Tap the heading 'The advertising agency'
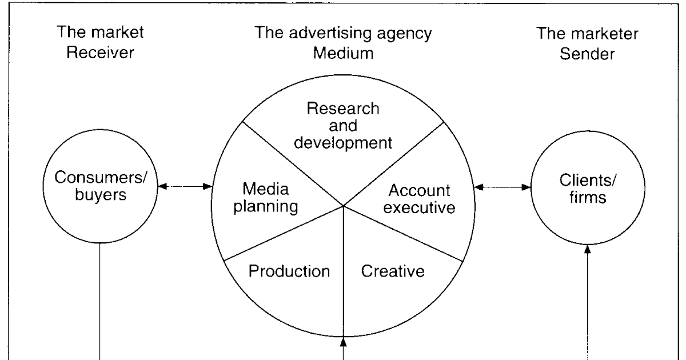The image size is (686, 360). [343, 33]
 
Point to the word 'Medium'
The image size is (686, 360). [343, 54]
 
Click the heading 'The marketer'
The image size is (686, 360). [588, 33]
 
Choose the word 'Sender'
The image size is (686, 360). [588, 54]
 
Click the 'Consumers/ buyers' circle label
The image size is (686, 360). [101, 186]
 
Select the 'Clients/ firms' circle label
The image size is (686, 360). [588, 186]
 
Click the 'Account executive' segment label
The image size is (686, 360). [419, 198]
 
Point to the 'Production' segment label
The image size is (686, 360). [289, 270]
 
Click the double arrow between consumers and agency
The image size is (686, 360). [185, 186]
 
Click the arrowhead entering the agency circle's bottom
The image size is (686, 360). [343, 342]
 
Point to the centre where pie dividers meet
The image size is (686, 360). [343, 206]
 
